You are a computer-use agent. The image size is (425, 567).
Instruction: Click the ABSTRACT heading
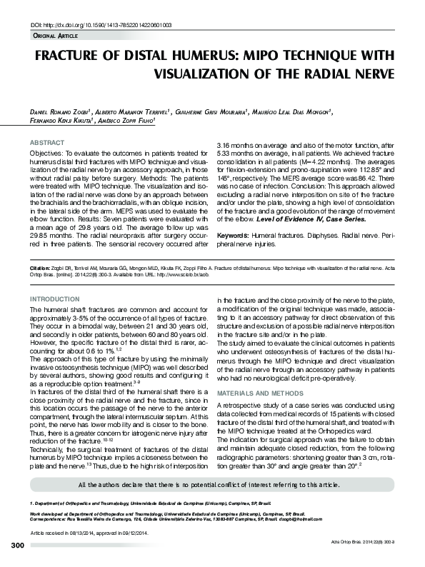click(44, 143)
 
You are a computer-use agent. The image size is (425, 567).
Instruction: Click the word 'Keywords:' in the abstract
click(234, 234)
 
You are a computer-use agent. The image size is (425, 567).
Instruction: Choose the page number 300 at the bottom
click(18, 546)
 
